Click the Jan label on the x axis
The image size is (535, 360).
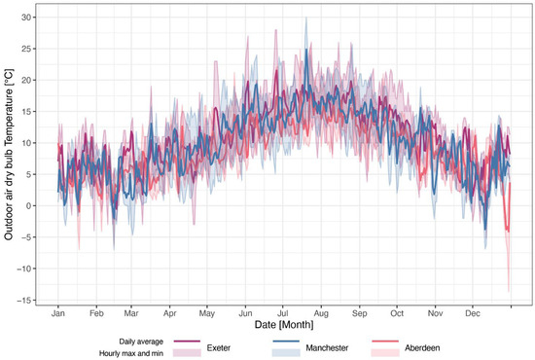tap(58, 315)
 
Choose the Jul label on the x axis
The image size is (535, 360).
tap(284, 315)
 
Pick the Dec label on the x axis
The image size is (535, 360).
tap(474, 315)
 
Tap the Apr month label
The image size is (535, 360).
tap(170, 315)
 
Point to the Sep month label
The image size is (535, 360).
tap(360, 315)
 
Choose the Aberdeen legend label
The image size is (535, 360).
tap(432, 345)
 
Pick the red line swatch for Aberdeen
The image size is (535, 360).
tap(392, 341)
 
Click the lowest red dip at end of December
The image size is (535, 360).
tap(509, 290)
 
